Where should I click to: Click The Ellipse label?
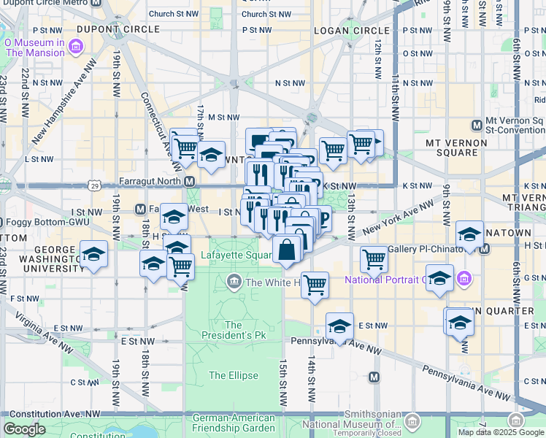pyautogui.click(x=234, y=375)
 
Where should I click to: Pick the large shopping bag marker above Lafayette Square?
pyautogui.click(x=288, y=249)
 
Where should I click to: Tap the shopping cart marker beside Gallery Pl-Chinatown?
pyautogui.click(x=374, y=258)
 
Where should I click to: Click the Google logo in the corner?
pyautogui.click(x=24, y=429)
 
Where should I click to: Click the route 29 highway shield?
pyautogui.click(x=95, y=186)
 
